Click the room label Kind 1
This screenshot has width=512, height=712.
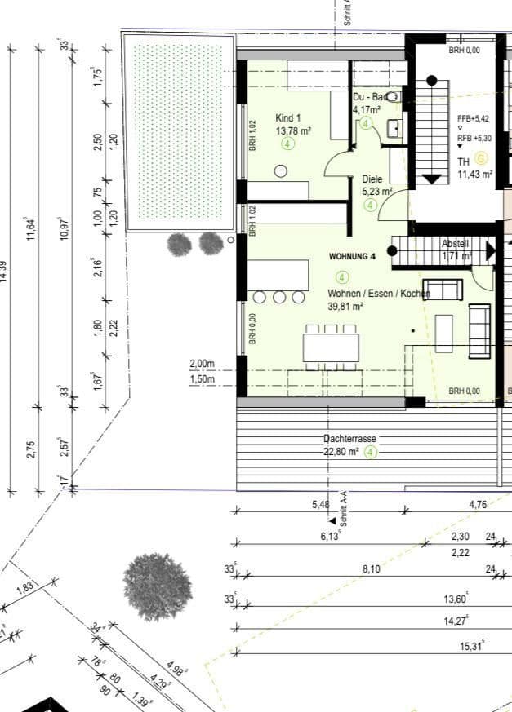pyautogui.click(x=288, y=117)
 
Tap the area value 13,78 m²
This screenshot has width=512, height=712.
pyautogui.click(x=293, y=130)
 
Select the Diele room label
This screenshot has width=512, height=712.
pyautogui.click(x=372, y=179)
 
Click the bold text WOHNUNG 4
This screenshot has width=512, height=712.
pyautogui.click(x=352, y=256)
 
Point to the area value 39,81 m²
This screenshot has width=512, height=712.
pyautogui.click(x=345, y=307)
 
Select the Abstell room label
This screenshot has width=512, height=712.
pyautogui.click(x=456, y=244)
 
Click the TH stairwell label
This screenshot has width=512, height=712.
pyautogui.click(x=463, y=161)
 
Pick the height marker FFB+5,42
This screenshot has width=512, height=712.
pyautogui.click(x=474, y=117)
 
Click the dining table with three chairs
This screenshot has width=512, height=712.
pyautogui.click(x=331, y=346)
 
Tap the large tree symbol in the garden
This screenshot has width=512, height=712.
pyautogui.click(x=157, y=586)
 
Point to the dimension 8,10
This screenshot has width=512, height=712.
pyautogui.click(x=371, y=568)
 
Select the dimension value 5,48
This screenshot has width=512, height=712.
pyautogui.click(x=321, y=505)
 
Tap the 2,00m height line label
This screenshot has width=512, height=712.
pyautogui.click(x=202, y=364)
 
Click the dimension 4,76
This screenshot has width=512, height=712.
pyautogui.click(x=478, y=505)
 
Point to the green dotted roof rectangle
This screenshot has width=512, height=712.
pyautogui.click(x=177, y=131)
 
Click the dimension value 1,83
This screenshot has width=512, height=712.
pyautogui.click(x=24, y=588)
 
